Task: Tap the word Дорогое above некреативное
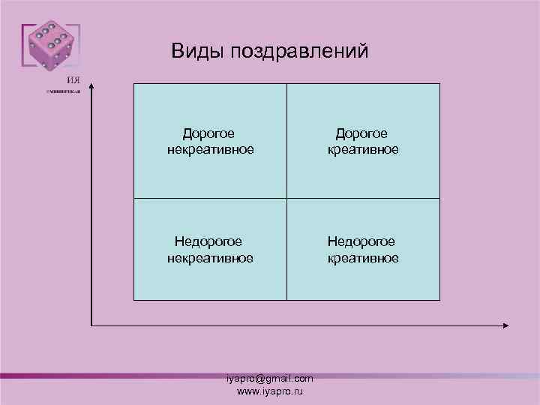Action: pyautogui.click(x=209, y=133)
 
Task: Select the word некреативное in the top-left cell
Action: pyautogui.click(x=210, y=149)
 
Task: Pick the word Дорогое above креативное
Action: pyautogui.click(x=361, y=133)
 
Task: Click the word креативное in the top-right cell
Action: pyautogui.click(x=363, y=149)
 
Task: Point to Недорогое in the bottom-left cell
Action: pyautogui.click(x=208, y=241)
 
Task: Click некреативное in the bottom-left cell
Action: pyautogui.click(x=209, y=258)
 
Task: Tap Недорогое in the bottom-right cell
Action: pyautogui.click(x=361, y=241)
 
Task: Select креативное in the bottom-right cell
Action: pyautogui.click(x=363, y=258)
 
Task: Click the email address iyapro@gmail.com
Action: pyautogui.click(x=270, y=379)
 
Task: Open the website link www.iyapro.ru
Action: pyautogui.click(x=270, y=391)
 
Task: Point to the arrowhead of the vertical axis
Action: pyautogui.click(x=91, y=86)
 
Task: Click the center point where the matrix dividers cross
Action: pyautogui.click(x=286, y=198)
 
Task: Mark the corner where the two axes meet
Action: pyautogui.click(x=91, y=325)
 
